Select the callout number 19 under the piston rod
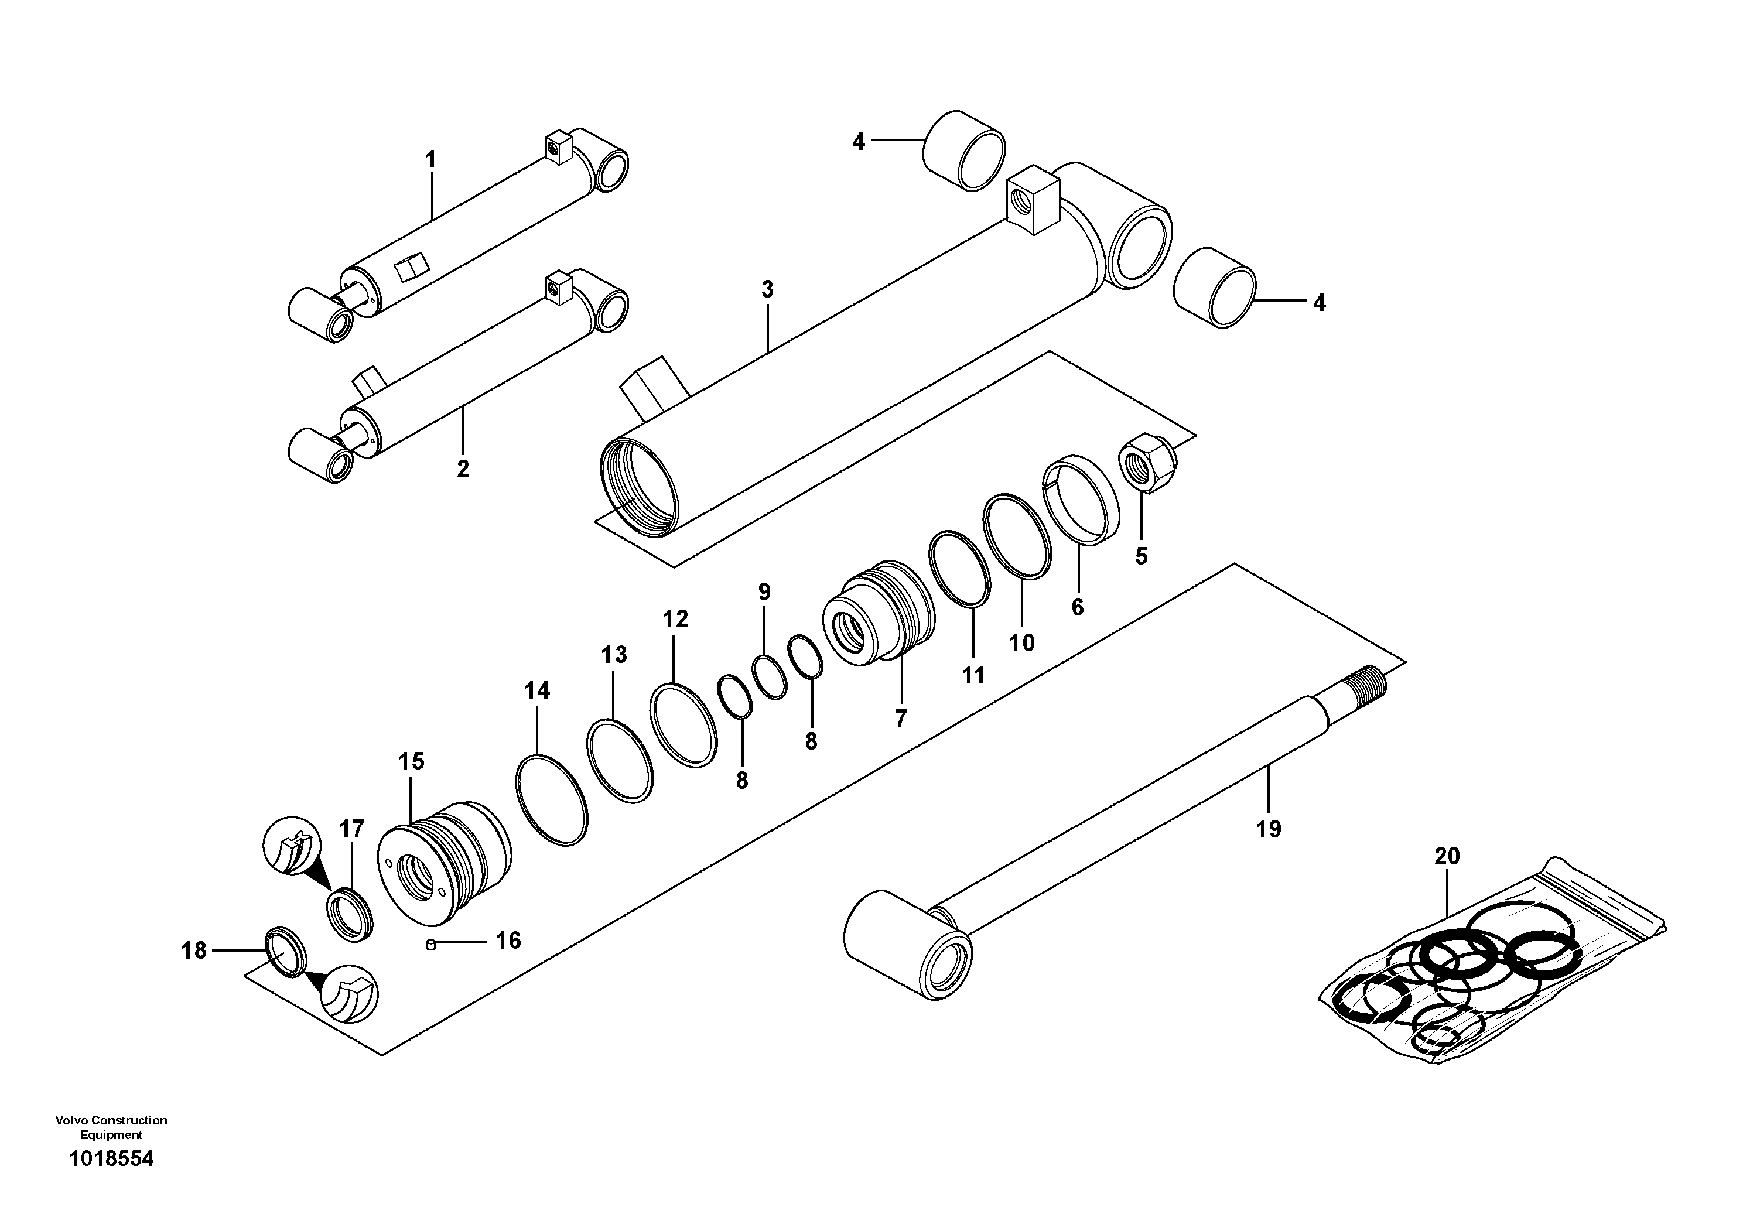pyautogui.click(x=1268, y=829)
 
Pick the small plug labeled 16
pyautogui.click(x=431, y=944)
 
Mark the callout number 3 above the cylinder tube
pyautogui.click(x=767, y=289)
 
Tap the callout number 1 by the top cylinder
pyautogui.click(x=430, y=160)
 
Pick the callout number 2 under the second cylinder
pyautogui.click(x=462, y=469)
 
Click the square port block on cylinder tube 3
pyautogui.click(x=1033, y=203)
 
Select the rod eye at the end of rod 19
pyautogui.click(x=908, y=943)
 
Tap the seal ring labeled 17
pyautogui.click(x=351, y=914)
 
